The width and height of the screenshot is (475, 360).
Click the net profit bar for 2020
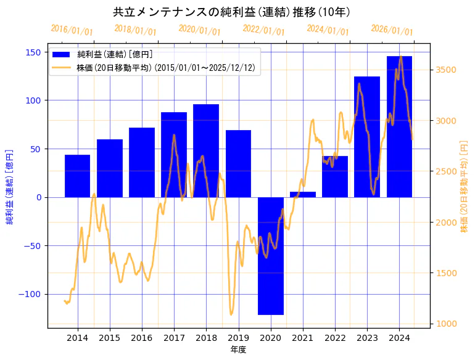coord(270,256)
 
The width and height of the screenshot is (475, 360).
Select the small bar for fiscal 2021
coord(302,194)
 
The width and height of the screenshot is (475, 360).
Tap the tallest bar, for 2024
coord(399,126)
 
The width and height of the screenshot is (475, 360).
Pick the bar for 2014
coord(77,176)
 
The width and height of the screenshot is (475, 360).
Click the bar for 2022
coord(334,176)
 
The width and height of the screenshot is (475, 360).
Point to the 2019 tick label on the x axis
coord(238,337)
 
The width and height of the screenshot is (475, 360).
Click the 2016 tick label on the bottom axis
coord(141,337)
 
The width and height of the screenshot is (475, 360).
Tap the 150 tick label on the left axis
coord(34,52)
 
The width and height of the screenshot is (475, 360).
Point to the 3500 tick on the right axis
coord(445,70)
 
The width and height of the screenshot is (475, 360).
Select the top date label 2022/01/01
coord(263,30)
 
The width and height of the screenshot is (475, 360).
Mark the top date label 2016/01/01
coord(72,30)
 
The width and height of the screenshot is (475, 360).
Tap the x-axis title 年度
coord(238,350)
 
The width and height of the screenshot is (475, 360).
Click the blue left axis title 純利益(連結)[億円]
coord(10,186)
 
